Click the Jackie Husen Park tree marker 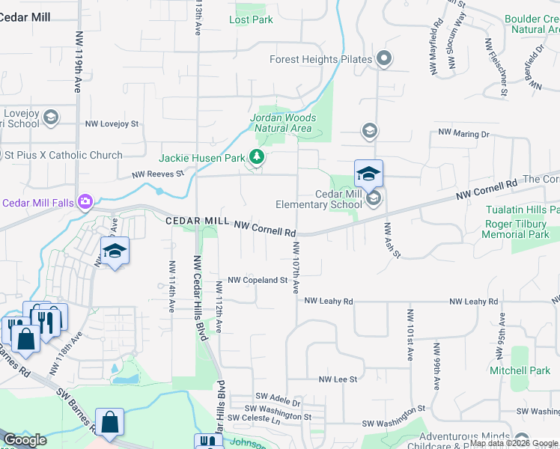[257, 156]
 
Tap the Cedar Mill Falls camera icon [85, 201]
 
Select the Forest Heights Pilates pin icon [384, 58]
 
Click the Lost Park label [251, 19]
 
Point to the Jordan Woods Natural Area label [281, 123]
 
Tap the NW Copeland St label [258, 280]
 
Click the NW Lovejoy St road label [112, 124]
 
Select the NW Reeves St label [157, 174]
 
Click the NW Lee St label [338, 379]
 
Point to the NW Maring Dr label [463, 133]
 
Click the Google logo [25, 440]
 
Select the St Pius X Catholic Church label [64, 156]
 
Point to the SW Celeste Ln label [254, 418]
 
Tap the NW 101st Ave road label [410, 335]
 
